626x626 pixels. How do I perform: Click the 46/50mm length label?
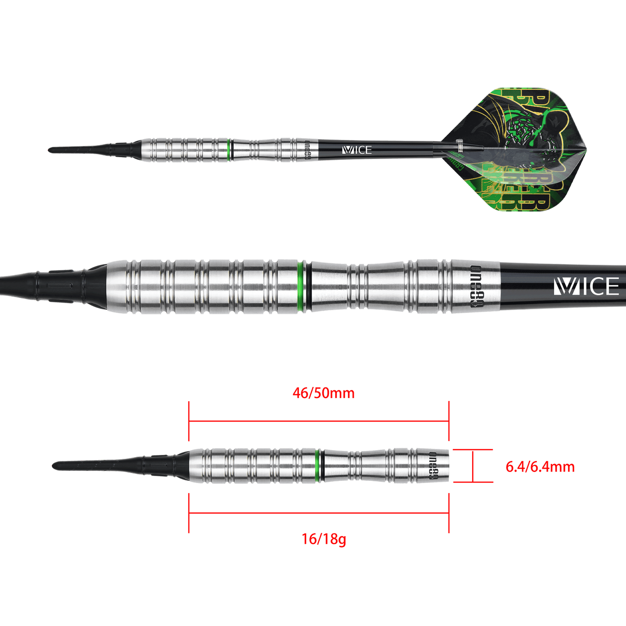(323, 393)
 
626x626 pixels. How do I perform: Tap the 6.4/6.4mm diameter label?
(540, 467)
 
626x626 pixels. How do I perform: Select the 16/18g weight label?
(323, 539)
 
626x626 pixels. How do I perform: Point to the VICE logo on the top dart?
(357, 150)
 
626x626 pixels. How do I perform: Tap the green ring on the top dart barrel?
(228, 150)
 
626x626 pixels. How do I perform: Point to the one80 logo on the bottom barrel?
(433, 466)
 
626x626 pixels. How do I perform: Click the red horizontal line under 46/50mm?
(318, 420)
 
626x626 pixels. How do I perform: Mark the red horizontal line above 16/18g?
(318, 513)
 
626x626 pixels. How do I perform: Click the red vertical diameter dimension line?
(473, 466)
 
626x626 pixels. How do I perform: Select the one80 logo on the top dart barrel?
(308, 150)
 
